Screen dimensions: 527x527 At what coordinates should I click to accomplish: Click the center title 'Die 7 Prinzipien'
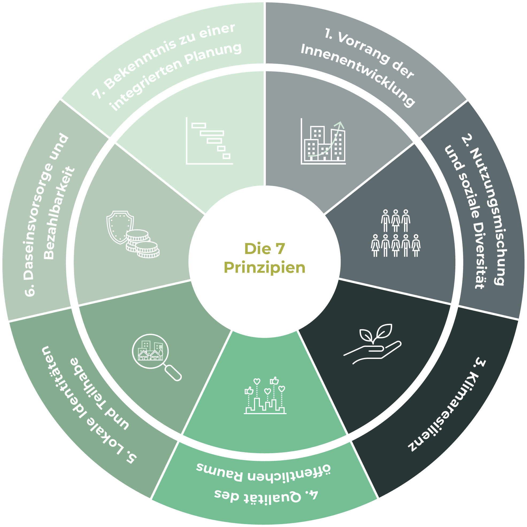(264, 258)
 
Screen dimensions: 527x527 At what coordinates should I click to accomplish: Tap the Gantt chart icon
(210, 141)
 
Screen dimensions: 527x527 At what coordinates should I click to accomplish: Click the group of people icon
(395, 233)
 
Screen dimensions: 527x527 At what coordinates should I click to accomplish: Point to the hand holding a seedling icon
(372, 344)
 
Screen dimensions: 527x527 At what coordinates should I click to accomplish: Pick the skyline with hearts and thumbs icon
(265, 396)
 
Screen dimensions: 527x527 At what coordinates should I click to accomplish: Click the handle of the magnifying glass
(173, 373)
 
